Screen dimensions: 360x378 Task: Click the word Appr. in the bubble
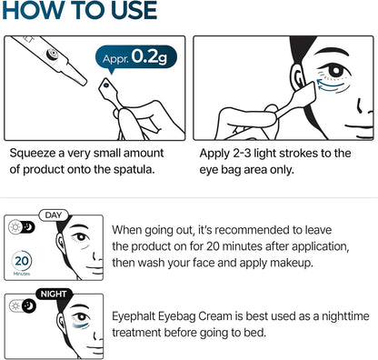[115, 58]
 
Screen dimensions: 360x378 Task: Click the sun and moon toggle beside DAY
[19, 226]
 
